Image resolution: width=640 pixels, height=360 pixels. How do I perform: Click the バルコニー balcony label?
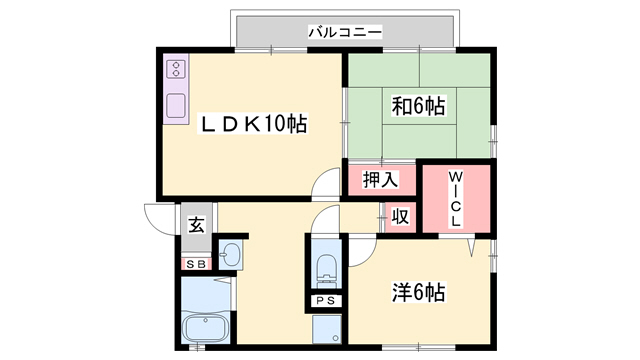tap(345, 32)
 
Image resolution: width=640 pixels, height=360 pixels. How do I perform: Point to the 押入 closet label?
tap(380, 180)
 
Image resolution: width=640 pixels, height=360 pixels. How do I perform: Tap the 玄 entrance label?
tap(196, 225)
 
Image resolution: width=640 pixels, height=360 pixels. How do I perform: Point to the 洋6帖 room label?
tap(417, 293)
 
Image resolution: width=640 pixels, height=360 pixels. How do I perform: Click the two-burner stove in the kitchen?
tap(176, 69)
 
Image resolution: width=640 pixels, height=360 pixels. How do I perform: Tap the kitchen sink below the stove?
tap(176, 105)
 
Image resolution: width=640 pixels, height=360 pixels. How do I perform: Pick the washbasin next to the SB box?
tap(230, 256)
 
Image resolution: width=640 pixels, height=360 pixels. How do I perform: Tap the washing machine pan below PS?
tap(326, 328)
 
